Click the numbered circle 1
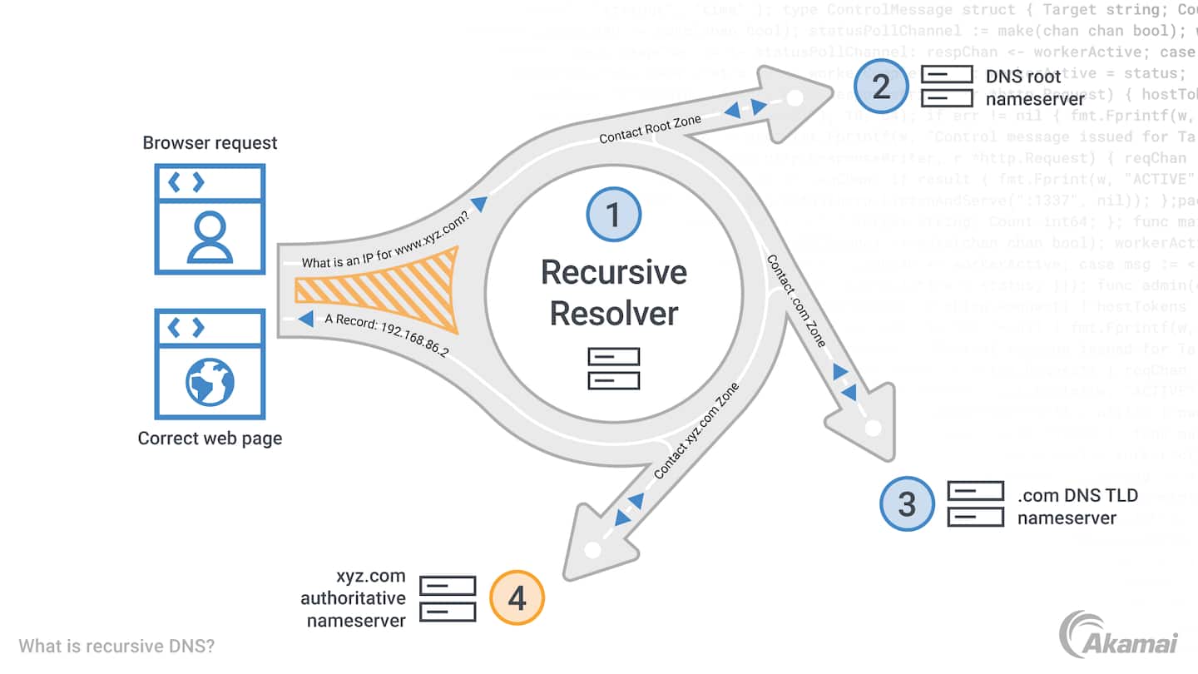pos(614,215)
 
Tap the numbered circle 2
pos(882,87)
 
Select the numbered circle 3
pos(907,503)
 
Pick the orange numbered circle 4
pos(517,597)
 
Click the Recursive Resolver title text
pos(614,293)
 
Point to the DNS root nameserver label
pos(1024,87)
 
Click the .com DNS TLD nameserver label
pos(1077,507)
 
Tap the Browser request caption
pos(210,142)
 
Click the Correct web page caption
pos(210,438)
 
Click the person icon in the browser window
pos(210,236)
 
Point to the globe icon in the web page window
pos(210,381)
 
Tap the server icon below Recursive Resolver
pos(614,369)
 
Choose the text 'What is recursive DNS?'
pos(116,646)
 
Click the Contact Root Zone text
pos(651,129)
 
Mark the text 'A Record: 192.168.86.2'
pos(387,335)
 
